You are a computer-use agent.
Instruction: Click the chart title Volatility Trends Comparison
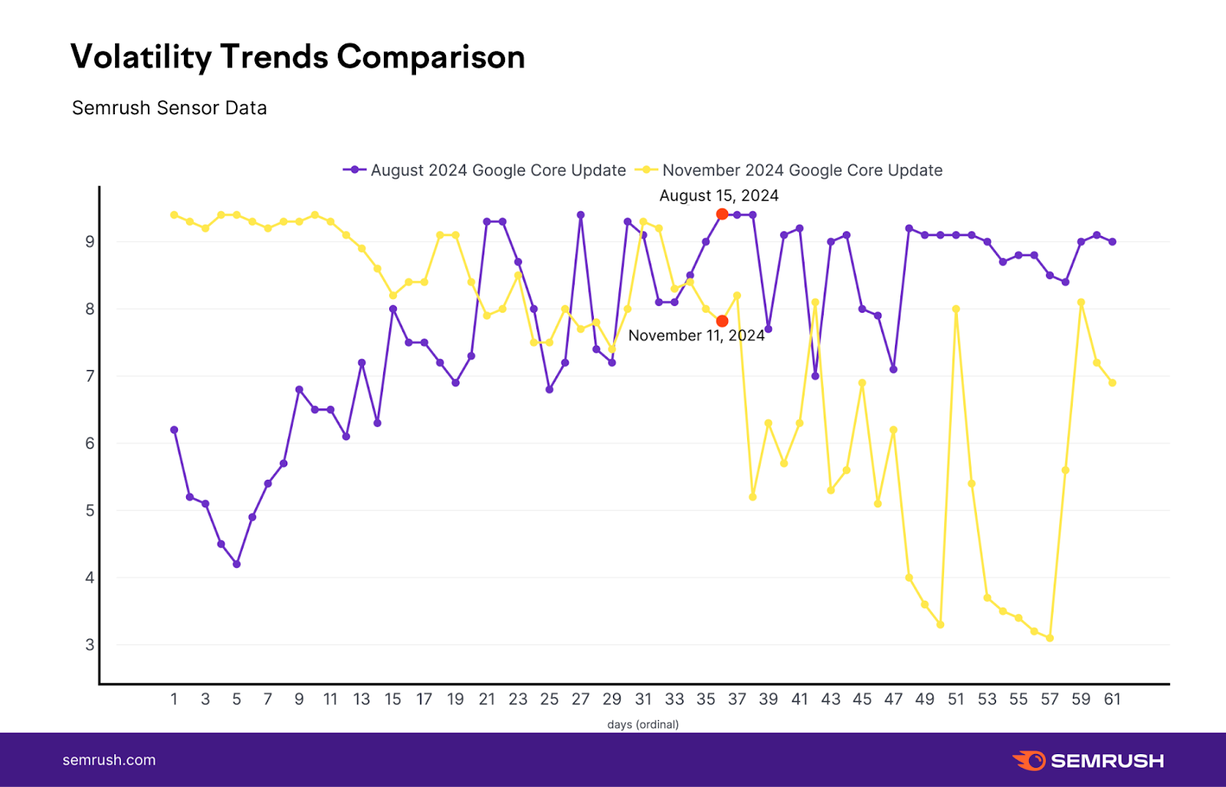pyautogui.click(x=297, y=57)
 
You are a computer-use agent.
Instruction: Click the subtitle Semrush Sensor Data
pyautogui.click(x=169, y=108)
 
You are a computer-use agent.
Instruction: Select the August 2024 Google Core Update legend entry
pyautogui.click(x=485, y=170)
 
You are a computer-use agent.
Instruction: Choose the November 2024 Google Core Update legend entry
pyautogui.click(x=789, y=170)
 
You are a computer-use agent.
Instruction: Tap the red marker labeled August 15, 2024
pyautogui.click(x=722, y=214)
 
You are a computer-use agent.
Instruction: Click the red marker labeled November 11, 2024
pyautogui.click(x=722, y=321)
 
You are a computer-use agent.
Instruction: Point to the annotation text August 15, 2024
pyautogui.click(x=719, y=195)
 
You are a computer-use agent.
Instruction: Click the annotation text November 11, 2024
pyautogui.click(x=696, y=336)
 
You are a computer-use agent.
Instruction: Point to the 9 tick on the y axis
pyautogui.click(x=90, y=242)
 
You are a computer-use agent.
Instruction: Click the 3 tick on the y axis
pyautogui.click(x=90, y=644)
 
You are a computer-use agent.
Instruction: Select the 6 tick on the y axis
pyautogui.click(x=90, y=444)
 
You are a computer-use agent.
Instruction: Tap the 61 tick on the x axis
pyautogui.click(x=1112, y=699)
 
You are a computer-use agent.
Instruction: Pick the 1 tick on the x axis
pyautogui.click(x=174, y=699)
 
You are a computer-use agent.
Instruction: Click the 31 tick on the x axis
pyautogui.click(x=643, y=699)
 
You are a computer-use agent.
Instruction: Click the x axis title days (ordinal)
pyautogui.click(x=643, y=724)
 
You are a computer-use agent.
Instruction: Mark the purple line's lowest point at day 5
pyautogui.click(x=237, y=564)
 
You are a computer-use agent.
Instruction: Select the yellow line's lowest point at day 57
pyautogui.click(x=1050, y=638)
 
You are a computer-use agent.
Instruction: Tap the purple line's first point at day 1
pyautogui.click(x=174, y=430)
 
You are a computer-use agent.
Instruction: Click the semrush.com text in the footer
pyautogui.click(x=109, y=760)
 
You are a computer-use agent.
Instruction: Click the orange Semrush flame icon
pyautogui.click(x=1029, y=760)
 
